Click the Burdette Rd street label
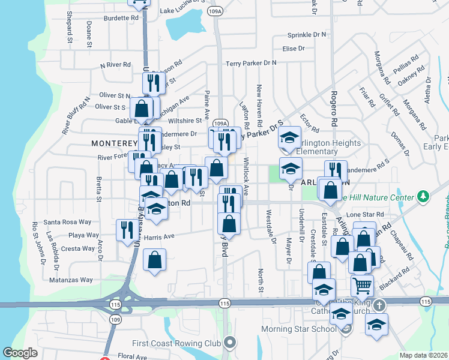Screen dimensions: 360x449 pos(121,18)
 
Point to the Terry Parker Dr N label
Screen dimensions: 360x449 pos(251,63)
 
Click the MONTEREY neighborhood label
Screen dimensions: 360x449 pos(115,143)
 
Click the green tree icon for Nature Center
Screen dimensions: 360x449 pos(424,196)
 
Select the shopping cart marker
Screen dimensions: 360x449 pos(363,284)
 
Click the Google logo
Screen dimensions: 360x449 pos(20,352)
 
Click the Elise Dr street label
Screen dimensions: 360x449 pos(294,49)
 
